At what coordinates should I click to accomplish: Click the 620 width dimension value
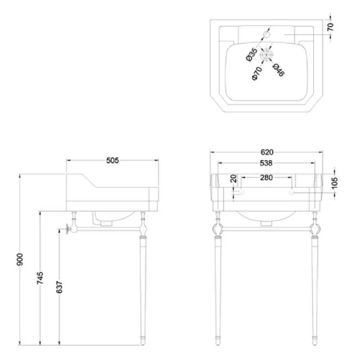click(x=267, y=152)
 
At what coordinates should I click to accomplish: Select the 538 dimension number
click(x=266, y=163)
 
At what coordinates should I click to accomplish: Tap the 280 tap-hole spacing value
click(x=266, y=177)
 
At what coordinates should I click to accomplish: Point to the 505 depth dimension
click(x=112, y=161)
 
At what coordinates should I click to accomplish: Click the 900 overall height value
click(x=20, y=260)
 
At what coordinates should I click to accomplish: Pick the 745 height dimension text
click(x=40, y=278)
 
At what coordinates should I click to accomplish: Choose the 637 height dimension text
click(x=59, y=287)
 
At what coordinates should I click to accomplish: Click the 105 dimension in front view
click(x=335, y=183)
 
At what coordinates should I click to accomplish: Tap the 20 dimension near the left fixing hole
click(x=233, y=178)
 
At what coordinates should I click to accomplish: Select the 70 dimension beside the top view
click(x=330, y=27)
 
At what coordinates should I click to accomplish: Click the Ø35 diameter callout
click(x=252, y=54)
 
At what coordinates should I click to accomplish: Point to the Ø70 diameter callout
click(x=257, y=73)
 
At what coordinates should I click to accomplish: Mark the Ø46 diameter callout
click(x=279, y=70)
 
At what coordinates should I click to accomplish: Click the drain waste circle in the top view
click(x=266, y=54)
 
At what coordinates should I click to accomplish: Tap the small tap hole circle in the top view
click(x=266, y=35)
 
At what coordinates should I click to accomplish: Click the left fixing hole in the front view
click(x=241, y=193)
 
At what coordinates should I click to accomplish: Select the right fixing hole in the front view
click(x=292, y=193)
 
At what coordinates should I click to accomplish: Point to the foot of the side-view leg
click(x=143, y=342)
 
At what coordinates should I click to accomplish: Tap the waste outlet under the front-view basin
click(x=266, y=223)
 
